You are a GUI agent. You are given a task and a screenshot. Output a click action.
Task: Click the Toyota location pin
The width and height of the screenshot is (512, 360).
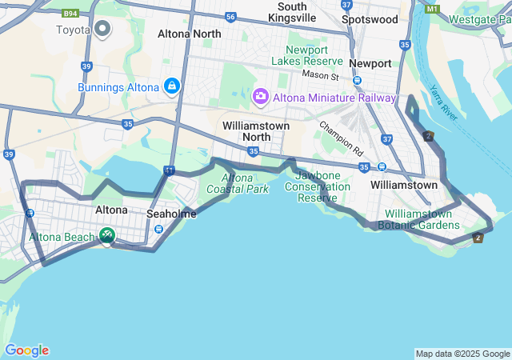click(102, 30)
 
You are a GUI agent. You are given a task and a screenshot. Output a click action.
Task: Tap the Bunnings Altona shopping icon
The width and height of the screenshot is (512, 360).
click(171, 86)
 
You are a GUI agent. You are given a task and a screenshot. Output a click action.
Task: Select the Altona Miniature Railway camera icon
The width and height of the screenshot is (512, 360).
click(260, 97)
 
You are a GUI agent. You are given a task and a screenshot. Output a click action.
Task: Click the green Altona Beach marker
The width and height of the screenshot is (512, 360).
click(106, 235)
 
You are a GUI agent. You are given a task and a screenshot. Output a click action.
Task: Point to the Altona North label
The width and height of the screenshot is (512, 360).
click(190, 34)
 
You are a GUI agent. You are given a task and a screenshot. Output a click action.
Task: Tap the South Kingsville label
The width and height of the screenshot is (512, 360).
click(292, 12)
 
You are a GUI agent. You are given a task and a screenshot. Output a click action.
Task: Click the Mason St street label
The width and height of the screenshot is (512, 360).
click(321, 74)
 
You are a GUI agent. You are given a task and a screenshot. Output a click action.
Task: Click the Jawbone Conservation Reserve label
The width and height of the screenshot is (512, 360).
click(322, 186)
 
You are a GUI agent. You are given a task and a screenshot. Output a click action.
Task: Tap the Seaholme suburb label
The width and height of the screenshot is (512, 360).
click(171, 214)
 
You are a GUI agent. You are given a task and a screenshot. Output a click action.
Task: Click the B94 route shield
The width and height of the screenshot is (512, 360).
click(70, 14)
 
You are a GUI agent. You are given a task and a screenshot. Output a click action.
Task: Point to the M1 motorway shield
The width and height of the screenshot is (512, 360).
click(433, 8)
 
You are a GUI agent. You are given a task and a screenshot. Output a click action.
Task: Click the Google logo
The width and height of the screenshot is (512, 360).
click(27, 350)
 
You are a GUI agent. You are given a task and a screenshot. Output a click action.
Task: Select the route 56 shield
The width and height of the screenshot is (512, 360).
click(230, 16)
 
